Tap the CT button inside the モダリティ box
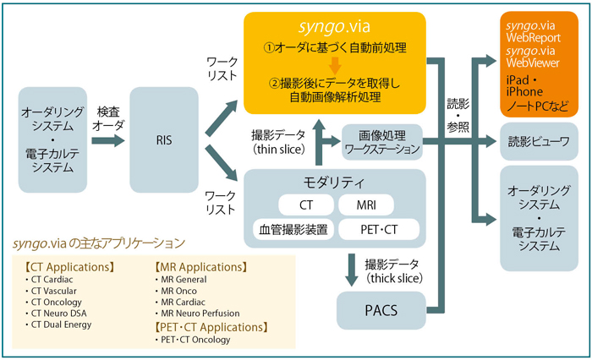305,205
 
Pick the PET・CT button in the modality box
378,228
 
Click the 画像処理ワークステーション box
381,141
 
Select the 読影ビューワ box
537,141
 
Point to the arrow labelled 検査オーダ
107,139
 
